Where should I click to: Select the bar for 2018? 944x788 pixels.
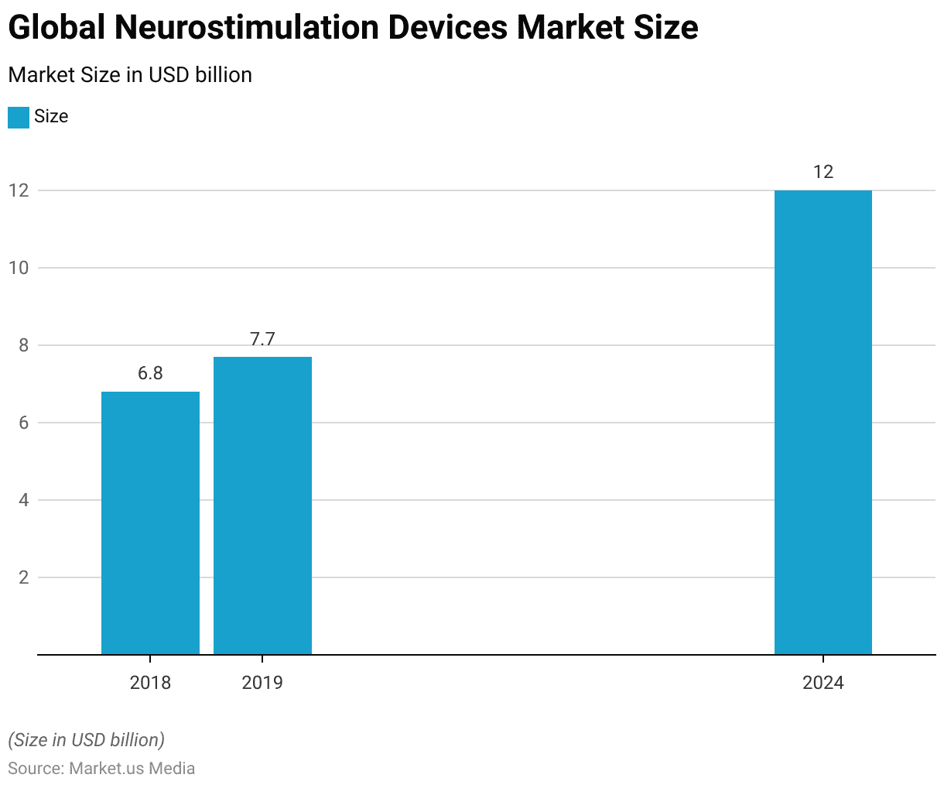click(150, 523)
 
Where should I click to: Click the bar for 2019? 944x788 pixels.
click(262, 505)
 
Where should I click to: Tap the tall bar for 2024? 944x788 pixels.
click(823, 423)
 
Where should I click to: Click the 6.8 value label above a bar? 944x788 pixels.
click(150, 374)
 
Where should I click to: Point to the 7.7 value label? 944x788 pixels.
click(262, 339)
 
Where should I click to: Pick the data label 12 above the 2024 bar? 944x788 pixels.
click(823, 172)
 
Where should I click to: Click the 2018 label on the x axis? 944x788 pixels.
click(150, 683)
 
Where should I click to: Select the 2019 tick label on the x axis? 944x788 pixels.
click(262, 683)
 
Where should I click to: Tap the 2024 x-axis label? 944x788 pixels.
click(823, 683)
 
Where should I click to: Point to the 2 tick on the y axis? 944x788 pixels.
click(22, 577)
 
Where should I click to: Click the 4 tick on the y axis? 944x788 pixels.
click(22, 500)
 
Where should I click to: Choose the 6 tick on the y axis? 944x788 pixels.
click(22, 423)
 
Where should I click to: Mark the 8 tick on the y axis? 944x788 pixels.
click(22, 345)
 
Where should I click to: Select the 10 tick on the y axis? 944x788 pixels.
click(19, 268)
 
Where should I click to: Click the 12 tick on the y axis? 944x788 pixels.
click(19, 190)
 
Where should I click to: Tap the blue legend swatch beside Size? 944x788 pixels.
click(18, 117)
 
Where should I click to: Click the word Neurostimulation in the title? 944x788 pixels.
click(248, 28)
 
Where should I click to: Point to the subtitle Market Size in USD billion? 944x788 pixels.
click(130, 75)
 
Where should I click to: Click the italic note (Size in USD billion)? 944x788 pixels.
click(86, 740)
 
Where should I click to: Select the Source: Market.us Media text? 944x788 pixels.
click(101, 769)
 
